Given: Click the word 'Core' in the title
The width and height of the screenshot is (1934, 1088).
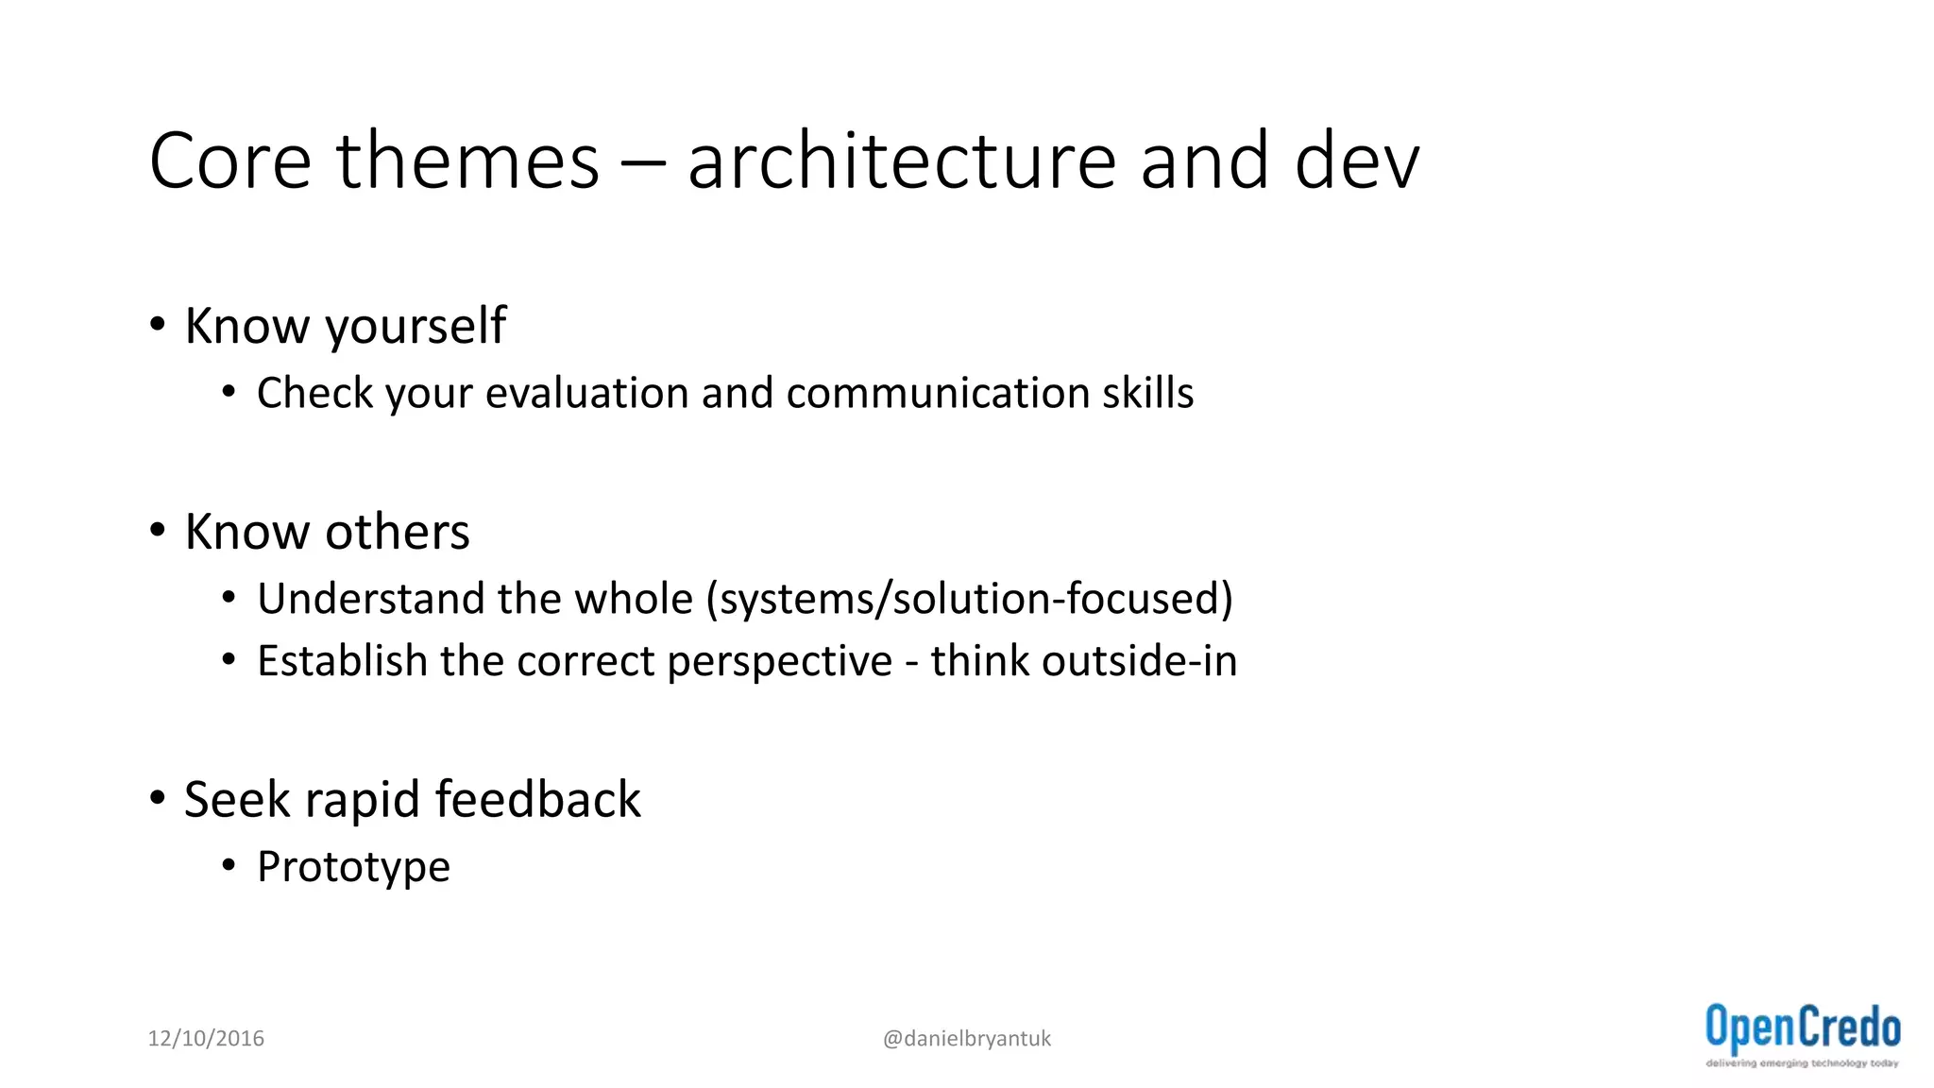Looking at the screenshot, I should (x=230, y=161).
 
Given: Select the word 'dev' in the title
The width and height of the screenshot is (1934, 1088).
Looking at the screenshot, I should (x=1356, y=161).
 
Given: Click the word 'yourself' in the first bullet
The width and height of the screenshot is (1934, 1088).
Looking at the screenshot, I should (x=416, y=327).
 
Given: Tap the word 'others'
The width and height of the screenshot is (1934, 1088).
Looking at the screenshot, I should (x=398, y=532).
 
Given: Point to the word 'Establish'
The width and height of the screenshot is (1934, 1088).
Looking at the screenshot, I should (x=342, y=661).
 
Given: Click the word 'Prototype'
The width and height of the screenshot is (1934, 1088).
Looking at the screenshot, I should (x=353, y=868).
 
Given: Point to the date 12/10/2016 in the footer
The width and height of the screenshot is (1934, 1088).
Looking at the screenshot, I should (x=206, y=1038).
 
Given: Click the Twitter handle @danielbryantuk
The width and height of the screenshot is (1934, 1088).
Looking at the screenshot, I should (x=966, y=1038).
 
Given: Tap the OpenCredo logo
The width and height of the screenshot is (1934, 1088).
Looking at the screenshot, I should (x=1802, y=1035).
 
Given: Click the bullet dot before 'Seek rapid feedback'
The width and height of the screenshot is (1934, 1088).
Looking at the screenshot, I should (x=158, y=799).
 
